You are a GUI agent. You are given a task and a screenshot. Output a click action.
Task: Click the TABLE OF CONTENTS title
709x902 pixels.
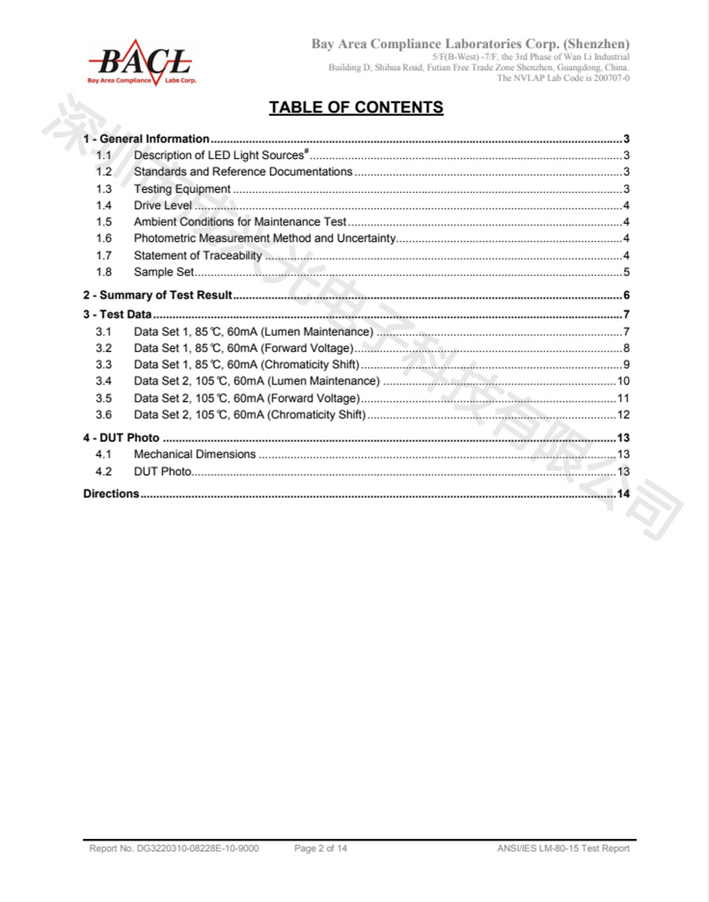356,107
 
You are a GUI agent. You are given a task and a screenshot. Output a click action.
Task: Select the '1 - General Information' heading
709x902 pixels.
147,139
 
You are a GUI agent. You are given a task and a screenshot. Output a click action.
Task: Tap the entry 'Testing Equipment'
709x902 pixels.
182,189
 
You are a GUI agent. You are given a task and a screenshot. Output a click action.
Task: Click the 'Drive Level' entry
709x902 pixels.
162,206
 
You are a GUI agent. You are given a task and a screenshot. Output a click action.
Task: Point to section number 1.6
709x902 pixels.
104,239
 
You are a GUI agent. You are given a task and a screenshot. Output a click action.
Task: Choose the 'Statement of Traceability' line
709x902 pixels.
198,255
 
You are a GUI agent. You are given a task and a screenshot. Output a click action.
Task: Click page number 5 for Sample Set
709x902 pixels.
625,273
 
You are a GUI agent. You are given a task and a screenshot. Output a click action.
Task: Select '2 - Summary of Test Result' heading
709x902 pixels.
158,295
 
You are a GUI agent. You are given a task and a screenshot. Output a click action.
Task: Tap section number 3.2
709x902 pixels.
104,348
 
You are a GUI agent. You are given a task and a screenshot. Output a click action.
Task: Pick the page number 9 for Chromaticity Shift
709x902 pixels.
625,365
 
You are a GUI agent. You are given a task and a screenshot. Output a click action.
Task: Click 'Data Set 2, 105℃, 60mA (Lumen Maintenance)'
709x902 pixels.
257,381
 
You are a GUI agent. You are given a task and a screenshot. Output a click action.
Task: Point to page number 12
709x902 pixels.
622,415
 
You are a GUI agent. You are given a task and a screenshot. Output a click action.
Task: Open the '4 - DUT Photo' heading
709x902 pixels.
121,438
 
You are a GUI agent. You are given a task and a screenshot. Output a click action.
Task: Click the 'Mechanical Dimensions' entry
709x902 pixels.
195,455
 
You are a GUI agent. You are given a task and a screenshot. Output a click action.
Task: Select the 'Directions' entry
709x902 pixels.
111,494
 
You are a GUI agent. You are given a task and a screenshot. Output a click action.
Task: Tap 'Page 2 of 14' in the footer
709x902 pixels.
321,848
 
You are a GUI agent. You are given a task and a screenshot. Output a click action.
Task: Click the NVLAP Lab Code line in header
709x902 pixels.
563,78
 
